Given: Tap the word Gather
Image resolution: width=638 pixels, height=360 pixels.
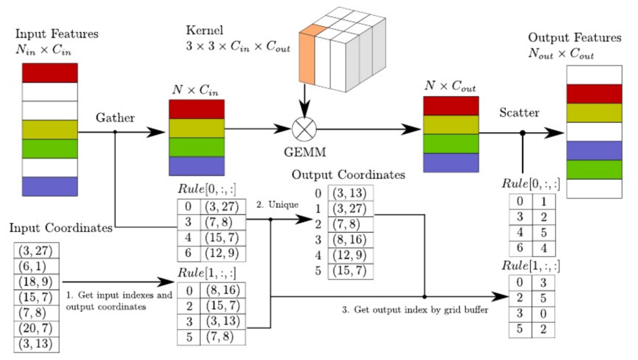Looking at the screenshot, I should (x=115, y=118).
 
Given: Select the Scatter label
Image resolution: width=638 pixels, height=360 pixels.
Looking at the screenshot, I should (x=519, y=112).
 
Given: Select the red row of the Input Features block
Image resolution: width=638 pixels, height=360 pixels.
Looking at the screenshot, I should (x=50, y=73).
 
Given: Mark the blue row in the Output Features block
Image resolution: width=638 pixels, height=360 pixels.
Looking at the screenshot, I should (x=594, y=151).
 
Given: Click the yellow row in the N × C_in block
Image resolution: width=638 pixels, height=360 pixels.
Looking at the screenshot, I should (x=196, y=128).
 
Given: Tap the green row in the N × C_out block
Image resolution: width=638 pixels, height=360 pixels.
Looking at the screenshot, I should (x=451, y=144).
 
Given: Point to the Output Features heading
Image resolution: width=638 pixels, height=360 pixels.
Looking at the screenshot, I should (x=574, y=38).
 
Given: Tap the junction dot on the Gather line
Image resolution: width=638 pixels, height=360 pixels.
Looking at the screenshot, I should (x=115, y=132).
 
